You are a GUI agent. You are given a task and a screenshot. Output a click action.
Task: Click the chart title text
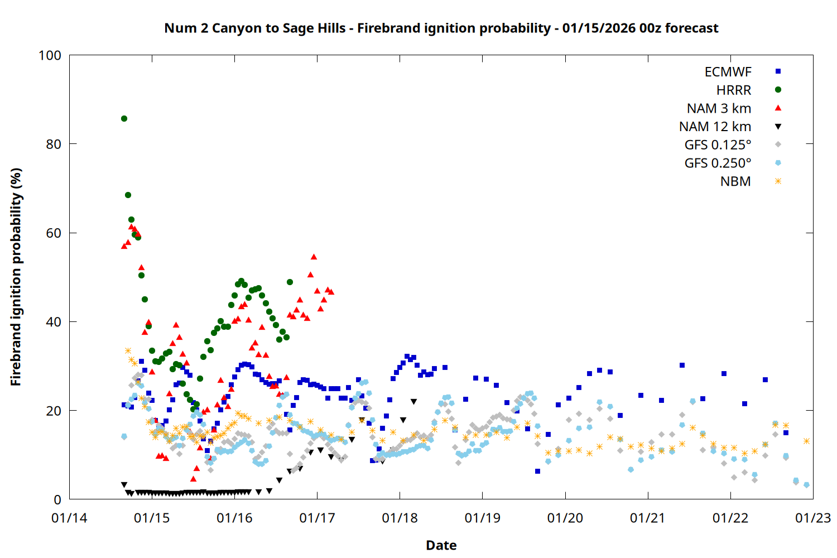pos(441,28)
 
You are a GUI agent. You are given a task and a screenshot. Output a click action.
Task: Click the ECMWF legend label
pos(728,72)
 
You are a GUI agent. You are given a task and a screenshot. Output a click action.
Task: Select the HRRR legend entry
pos(733,90)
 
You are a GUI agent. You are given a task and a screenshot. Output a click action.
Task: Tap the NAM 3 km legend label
pos(719,108)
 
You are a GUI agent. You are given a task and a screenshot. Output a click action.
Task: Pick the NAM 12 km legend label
pos(715,127)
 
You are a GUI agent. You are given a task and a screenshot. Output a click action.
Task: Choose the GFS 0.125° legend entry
pos(718,145)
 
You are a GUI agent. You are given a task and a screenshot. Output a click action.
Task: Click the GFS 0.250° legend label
pos(718,163)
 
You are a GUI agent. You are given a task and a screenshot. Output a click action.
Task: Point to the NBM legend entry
pos(735,181)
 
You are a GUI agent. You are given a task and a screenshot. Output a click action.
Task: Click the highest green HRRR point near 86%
pos(124,118)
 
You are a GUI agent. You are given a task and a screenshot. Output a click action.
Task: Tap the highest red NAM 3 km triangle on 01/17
pos(314,257)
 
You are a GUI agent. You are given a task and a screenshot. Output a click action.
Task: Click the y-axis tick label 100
pos(50,55)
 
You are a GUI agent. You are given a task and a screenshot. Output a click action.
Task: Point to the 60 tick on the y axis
pos(54,233)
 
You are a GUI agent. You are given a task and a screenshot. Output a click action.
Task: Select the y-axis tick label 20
pos(54,411)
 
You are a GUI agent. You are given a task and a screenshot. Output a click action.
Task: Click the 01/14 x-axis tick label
pos(69,518)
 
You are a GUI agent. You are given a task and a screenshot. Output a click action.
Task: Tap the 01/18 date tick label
pos(400,518)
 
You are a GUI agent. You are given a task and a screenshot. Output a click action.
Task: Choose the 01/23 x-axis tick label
pos(812,518)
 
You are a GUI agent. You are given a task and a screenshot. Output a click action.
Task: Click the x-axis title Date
pos(441,545)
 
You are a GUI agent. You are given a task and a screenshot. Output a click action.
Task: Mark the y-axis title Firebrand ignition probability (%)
pos(16,277)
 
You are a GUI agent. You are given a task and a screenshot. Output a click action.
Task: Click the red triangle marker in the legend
pos(778,108)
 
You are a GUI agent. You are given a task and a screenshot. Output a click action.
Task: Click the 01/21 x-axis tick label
pos(647,518)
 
